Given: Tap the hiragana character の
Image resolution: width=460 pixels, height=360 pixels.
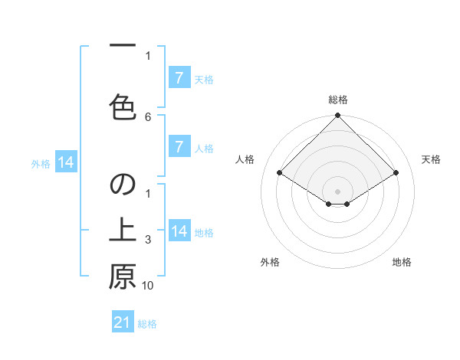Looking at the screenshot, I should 123,185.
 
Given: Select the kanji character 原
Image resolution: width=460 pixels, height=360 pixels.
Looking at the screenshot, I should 123,277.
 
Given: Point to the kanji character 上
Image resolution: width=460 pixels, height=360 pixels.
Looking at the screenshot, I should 123,231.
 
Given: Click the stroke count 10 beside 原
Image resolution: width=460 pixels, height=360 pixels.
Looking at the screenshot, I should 148,285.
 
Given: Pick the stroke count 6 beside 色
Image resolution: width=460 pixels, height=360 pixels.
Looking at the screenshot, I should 148,116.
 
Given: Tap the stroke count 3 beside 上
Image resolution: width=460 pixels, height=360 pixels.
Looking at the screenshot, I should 148,240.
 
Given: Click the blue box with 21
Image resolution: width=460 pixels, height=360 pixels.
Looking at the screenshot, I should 123,322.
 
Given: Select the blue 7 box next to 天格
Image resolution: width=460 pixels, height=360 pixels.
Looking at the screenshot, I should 179,78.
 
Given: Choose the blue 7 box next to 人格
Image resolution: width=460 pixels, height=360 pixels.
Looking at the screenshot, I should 179,147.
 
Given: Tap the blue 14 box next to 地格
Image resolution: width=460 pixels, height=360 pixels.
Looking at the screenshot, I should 179,231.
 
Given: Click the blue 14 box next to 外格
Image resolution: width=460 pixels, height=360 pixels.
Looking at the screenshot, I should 65,162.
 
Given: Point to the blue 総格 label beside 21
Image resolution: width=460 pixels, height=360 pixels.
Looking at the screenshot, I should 147,324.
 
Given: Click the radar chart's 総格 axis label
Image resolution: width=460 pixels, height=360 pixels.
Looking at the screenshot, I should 338,100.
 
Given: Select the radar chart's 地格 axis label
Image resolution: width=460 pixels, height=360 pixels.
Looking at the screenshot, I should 402,262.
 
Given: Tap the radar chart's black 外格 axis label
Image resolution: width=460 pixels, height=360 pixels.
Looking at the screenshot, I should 270,262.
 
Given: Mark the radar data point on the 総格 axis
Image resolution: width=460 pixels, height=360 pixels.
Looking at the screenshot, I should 338,116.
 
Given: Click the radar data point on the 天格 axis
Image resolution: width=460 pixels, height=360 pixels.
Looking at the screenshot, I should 396,173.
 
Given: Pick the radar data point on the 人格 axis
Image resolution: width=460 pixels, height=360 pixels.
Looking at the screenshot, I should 280,173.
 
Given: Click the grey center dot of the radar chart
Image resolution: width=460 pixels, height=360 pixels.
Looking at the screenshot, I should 338,191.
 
